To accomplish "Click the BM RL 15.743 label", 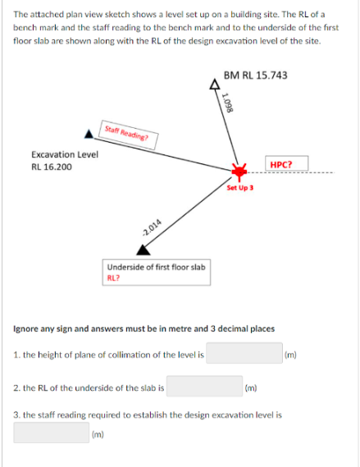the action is click(x=255, y=76).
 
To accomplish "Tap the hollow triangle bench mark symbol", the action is click(x=214, y=85).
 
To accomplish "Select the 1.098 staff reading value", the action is click(x=228, y=103).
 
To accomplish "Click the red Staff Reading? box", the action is click(x=128, y=135).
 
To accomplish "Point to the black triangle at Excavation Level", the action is click(x=89, y=135).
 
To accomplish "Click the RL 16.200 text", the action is click(x=52, y=167).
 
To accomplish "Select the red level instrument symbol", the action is click(x=239, y=172).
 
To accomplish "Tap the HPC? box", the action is click(x=286, y=163).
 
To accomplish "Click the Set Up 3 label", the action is click(x=239, y=188).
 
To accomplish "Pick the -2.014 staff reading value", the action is click(x=152, y=228).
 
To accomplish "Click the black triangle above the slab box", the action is click(x=144, y=250).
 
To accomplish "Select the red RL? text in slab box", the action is click(x=113, y=278).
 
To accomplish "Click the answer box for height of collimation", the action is click(x=244, y=353).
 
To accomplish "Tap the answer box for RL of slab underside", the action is click(x=204, y=386).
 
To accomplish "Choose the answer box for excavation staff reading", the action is click(x=51, y=433).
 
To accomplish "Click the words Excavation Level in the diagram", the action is click(x=65, y=154).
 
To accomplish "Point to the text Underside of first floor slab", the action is click(x=156, y=268).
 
